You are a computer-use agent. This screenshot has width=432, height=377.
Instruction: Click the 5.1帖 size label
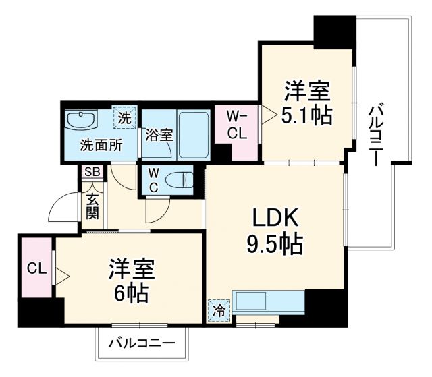[x=306, y=116]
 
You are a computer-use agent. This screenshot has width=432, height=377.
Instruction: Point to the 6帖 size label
[x=132, y=293]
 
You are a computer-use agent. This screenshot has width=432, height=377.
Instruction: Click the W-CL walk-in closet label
[x=236, y=127]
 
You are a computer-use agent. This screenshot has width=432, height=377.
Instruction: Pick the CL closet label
[x=36, y=268]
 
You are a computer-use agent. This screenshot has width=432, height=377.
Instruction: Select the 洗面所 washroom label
[x=101, y=144]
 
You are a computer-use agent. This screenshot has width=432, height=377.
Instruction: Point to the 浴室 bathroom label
[x=159, y=134]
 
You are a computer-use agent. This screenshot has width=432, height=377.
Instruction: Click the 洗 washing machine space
[x=124, y=117]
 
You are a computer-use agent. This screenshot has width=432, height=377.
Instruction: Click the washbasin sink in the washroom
[x=82, y=119]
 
